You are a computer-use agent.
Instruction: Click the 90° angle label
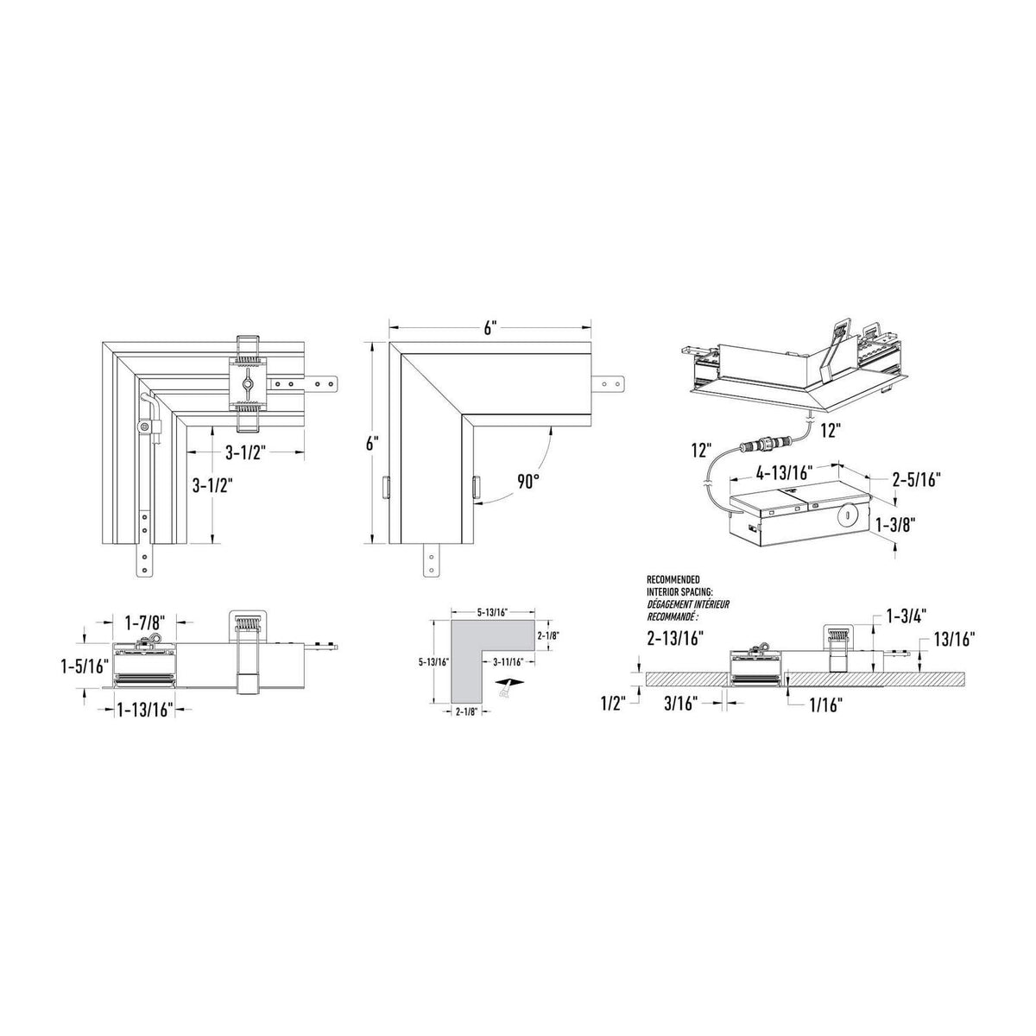527,481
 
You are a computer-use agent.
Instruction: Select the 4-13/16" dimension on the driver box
783,472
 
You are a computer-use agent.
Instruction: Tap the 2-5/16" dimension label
917,479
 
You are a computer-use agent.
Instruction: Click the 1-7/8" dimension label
145,623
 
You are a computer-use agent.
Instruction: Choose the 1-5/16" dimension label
84,667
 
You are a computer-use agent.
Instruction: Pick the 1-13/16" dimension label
145,711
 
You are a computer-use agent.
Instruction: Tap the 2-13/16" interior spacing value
676,638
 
